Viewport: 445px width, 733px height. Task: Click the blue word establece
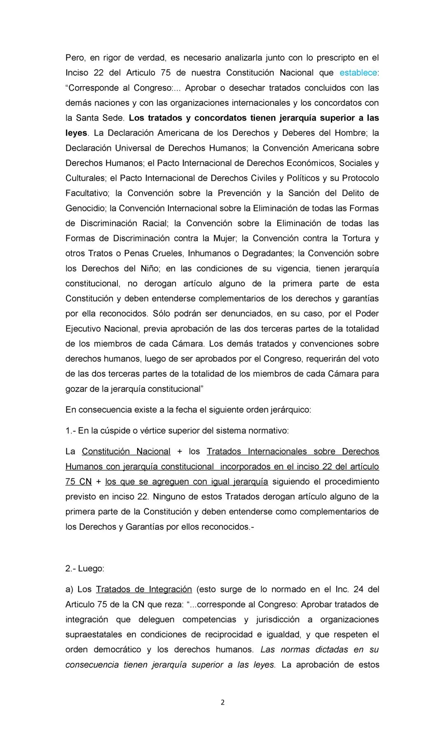358,73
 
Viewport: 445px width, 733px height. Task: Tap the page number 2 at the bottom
222,702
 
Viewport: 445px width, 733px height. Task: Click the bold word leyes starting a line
77,133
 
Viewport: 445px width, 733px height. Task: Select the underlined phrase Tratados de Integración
144,589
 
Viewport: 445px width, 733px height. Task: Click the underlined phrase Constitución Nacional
126,451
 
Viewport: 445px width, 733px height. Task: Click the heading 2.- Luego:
85,569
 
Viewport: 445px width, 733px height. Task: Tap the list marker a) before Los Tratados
70,589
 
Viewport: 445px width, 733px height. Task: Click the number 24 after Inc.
358,589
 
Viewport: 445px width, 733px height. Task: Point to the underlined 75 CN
78,482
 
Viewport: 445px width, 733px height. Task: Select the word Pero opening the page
75,58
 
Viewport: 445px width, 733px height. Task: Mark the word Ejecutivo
82,329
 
